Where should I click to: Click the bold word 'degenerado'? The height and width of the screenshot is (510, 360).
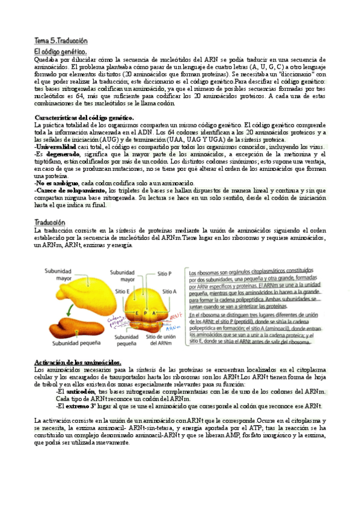click(x=64, y=154)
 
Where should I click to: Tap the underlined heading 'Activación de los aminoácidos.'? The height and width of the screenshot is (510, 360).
click(x=79, y=362)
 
